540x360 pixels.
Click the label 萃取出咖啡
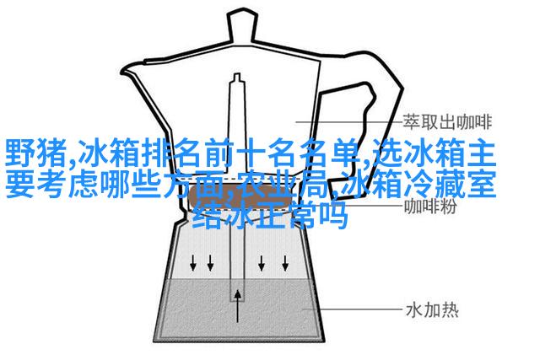(447, 122)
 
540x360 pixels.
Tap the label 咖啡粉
(430, 207)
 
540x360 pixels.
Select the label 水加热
(433, 310)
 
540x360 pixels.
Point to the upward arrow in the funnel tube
(237, 306)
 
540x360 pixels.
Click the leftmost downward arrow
(193, 262)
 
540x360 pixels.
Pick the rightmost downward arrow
(285, 262)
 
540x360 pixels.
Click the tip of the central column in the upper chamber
(237, 75)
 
